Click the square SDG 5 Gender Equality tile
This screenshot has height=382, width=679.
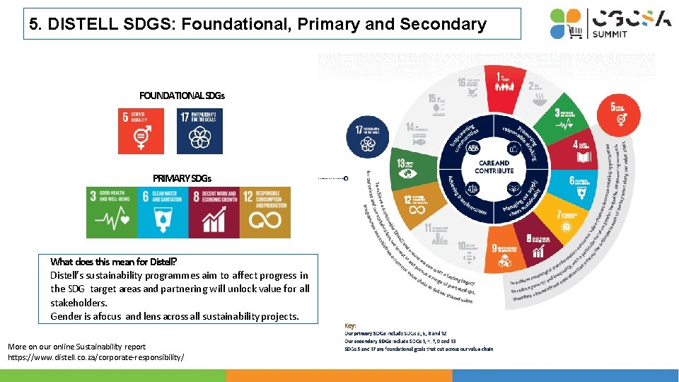click(x=141, y=131)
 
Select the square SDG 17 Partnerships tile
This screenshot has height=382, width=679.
click(x=199, y=131)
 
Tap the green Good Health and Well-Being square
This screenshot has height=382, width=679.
click(x=111, y=212)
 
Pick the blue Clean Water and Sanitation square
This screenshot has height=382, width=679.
click(x=163, y=212)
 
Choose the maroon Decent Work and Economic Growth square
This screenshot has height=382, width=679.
click(x=214, y=212)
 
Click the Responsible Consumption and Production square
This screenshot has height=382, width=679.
click(x=265, y=212)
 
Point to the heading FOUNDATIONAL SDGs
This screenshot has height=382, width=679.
click(x=182, y=95)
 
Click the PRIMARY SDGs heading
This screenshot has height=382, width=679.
click(x=182, y=178)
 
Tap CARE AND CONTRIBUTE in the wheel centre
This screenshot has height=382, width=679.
click(x=494, y=167)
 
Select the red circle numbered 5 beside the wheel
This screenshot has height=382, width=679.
click(x=622, y=112)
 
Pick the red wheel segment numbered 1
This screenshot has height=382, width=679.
click(x=503, y=81)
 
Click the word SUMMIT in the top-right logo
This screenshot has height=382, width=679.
click(x=610, y=34)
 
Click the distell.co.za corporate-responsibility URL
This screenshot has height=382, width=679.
click(x=95, y=357)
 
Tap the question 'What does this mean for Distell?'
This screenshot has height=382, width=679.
click(x=113, y=262)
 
